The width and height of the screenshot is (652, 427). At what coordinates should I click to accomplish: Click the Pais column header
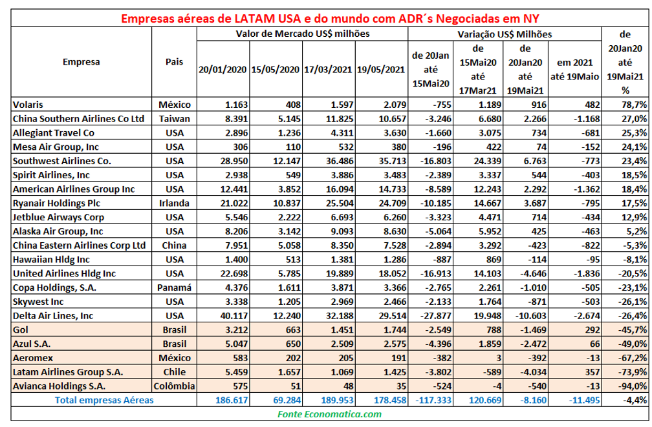pos(173,63)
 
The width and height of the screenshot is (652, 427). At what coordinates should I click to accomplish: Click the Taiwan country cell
pos(173,118)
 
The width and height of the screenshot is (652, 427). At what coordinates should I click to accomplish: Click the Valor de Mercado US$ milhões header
pos(302,33)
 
